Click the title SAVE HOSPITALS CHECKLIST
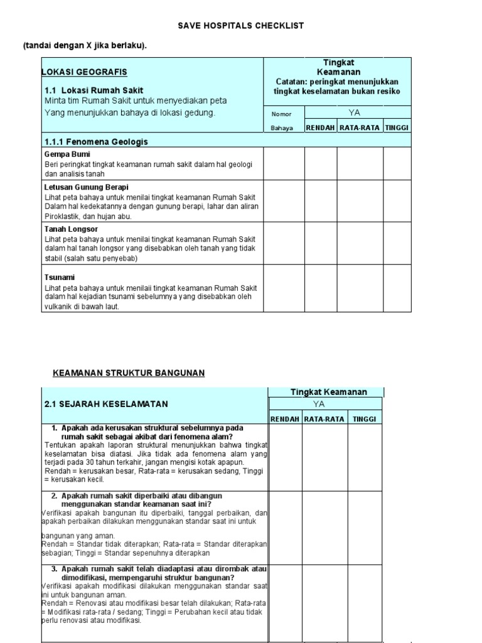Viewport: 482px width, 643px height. coord(241,26)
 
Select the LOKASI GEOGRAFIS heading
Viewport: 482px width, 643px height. coord(84,73)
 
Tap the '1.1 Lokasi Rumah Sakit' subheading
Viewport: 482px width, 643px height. coord(94,90)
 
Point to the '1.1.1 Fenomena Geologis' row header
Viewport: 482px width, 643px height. coord(96,141)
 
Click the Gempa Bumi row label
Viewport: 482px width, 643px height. coord(67,154)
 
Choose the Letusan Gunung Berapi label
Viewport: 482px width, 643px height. coord(86,187)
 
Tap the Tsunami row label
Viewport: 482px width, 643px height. coord(60,277)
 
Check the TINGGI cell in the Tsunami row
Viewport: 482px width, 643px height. coord(397,288)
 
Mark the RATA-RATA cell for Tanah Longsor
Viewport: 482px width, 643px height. coord(360,243)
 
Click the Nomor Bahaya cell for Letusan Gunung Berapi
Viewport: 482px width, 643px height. coord(284,201)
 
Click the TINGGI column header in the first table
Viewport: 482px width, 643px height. coord(397,127)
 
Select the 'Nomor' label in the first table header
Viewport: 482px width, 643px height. coord(281,114)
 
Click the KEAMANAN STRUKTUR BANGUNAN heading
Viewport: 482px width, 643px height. coord(128,373)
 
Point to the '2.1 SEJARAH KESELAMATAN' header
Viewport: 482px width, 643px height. coord(106,404)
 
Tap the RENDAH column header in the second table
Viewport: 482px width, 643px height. coord(285,419)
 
